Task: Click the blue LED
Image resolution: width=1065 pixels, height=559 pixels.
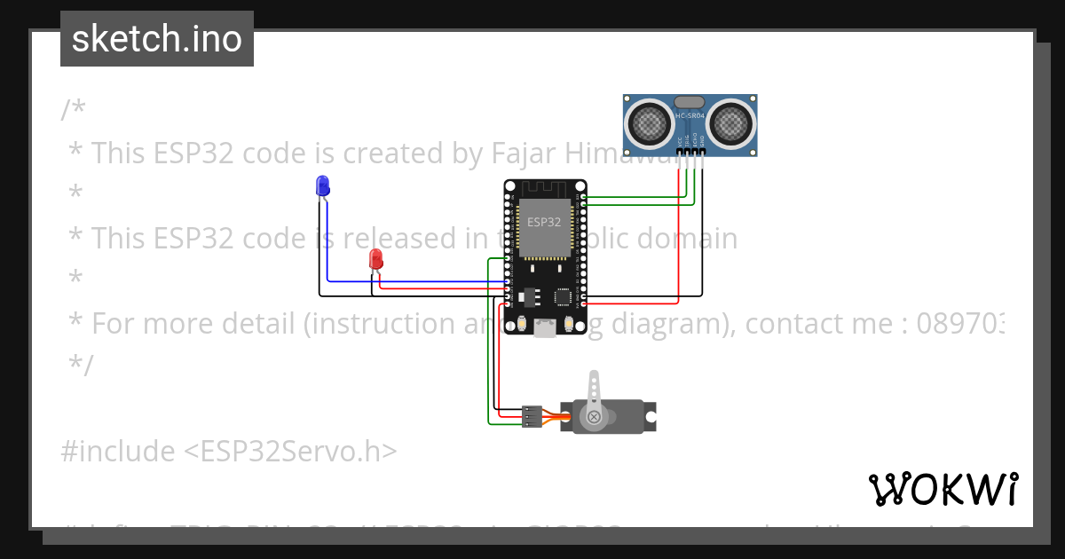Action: click(x=322, y=185)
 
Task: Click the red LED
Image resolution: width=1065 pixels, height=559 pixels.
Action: click(x=375, y=259)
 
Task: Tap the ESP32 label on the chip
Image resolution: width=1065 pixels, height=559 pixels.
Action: click(x=543, y=221)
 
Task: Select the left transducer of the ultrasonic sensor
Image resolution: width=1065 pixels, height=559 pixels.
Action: click(x=651, y=122)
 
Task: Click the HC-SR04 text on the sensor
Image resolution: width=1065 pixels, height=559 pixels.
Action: click(x=690, y=116)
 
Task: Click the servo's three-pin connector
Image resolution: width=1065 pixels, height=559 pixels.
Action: click(x=532, y=415)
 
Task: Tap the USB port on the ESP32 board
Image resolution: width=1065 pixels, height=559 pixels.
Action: click(x=545, y=328)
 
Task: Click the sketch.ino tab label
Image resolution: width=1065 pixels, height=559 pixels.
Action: click(x=157, y=39)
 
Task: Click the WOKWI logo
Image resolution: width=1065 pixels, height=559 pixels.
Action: click(x=943, y=489)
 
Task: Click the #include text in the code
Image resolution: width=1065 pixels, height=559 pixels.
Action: click(x=118, y=452)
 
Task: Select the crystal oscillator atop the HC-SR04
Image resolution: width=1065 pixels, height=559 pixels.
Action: click(x=690, y=102)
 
